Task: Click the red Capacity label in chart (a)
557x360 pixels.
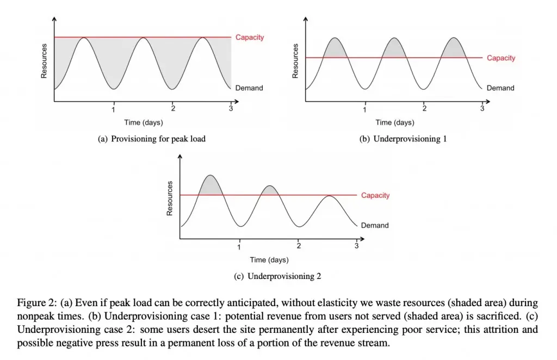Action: click(250, 38)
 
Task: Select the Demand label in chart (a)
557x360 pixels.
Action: click(249, 88)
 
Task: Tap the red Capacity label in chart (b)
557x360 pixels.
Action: click(501, 58)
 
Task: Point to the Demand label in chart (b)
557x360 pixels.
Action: click(500, 88)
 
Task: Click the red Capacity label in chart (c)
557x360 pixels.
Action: click(375, 196)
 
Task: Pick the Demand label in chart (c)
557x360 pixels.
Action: click(375, 225)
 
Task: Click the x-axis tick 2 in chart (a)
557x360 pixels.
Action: click(172, 109)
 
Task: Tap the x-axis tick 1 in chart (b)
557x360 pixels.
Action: click(365, 109)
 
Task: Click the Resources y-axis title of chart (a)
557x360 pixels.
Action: click(44, 60)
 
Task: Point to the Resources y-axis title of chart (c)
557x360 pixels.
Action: click(170, 198)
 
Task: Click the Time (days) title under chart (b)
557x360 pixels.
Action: click(395, 122)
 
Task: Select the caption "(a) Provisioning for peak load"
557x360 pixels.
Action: click(152, 139)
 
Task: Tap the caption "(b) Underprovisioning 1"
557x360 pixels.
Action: click(403, 139)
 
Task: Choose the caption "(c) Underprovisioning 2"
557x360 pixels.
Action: click(277, 276)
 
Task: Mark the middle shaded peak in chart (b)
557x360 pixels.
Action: click(394, 49)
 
